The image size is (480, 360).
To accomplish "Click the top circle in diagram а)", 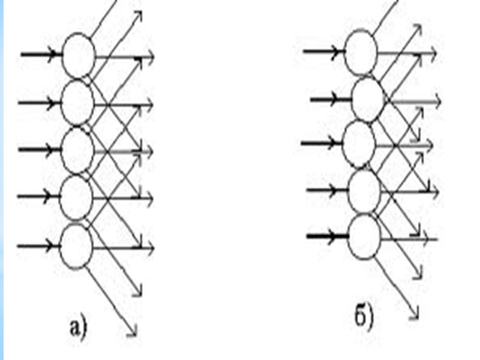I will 79,55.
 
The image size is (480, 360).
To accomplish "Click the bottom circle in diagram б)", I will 364,237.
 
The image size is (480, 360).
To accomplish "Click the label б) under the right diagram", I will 364,317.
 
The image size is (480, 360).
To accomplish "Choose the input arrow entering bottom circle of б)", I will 328,237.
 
